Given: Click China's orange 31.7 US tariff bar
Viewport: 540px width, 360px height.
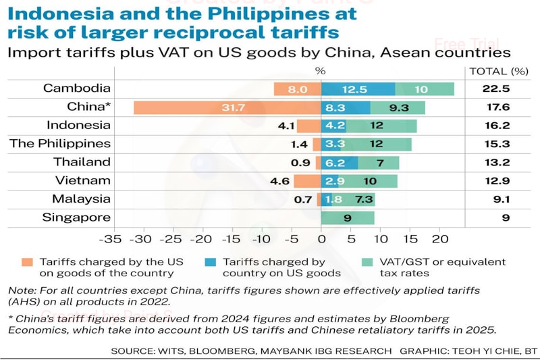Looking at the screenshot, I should [227, 107].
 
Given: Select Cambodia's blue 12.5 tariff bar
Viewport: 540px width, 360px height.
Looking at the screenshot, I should [358, 88].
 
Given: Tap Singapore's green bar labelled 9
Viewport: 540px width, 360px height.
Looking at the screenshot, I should [347, 217].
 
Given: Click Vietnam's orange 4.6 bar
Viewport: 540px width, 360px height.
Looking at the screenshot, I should [307, 181].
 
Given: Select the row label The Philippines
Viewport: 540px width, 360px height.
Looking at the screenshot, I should [60, 143].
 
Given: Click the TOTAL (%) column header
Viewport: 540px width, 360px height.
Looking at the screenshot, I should [497, 71].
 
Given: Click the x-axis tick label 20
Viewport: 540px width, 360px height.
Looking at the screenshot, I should [439, 239].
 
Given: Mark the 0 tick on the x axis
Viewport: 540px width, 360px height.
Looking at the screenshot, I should [321, 239].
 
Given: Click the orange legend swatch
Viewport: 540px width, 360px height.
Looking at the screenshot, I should [27, 262].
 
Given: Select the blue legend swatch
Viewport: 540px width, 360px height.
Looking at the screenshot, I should [210, 262].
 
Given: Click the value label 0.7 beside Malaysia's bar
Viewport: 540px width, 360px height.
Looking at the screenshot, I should [304, 199].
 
